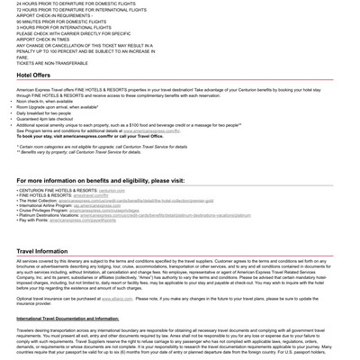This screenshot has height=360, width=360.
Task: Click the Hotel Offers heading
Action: pyautogui.click(x=33, y=76)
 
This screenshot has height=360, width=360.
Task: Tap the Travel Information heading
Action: pyautogui.click(x=42, y=252)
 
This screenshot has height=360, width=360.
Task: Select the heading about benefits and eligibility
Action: pyautogui.click(x=100, y=180)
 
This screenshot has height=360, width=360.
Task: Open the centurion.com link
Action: pyautogui.click(x=112, y=191)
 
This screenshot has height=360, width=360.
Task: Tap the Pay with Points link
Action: pyautogui.click(x=83, y=220)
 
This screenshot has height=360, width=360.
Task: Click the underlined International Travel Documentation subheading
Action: pyautogui.click(x=67, y=319)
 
